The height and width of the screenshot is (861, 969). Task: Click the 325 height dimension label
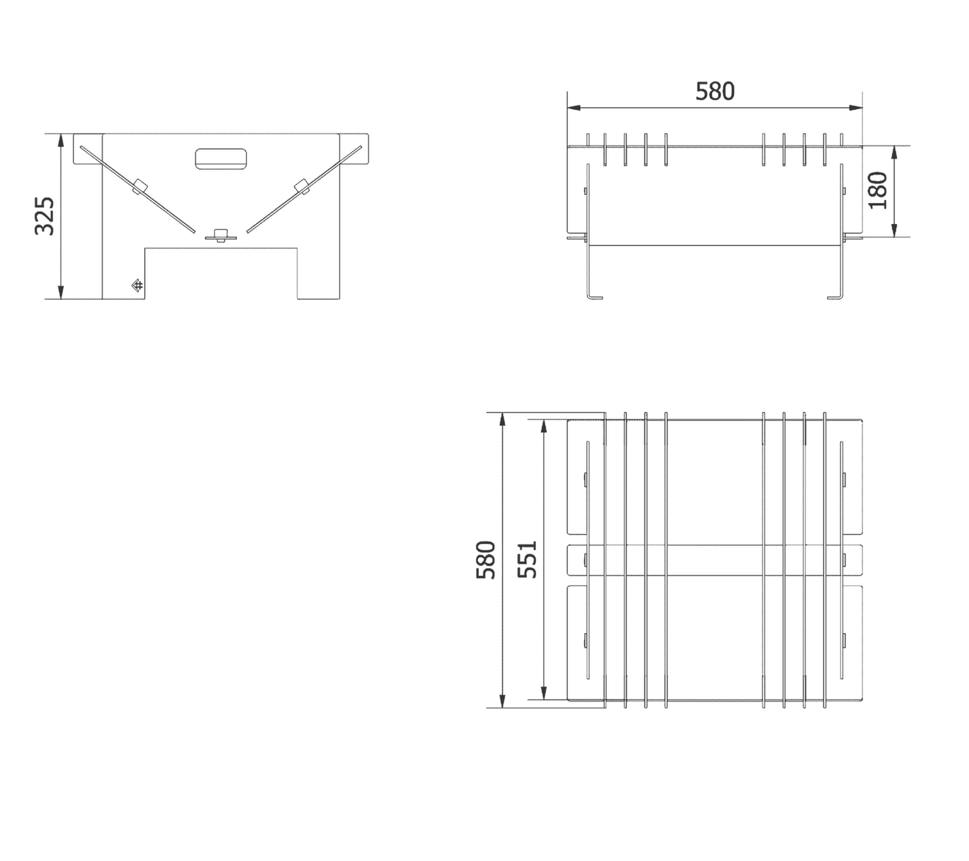(x=44, y=215)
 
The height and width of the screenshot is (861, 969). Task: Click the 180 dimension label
(x=878, y=190)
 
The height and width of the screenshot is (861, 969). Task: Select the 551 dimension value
(x=528, y=560)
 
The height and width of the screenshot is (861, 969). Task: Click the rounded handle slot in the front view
(x=221, y=158)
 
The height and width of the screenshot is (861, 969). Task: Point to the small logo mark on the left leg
(x=137, y=286)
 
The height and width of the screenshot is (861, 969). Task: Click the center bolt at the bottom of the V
(x=221, y=235)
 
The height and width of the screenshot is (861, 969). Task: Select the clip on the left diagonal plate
(x=139, y=186)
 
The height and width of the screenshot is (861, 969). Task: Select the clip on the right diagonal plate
(x=302, y=186)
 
